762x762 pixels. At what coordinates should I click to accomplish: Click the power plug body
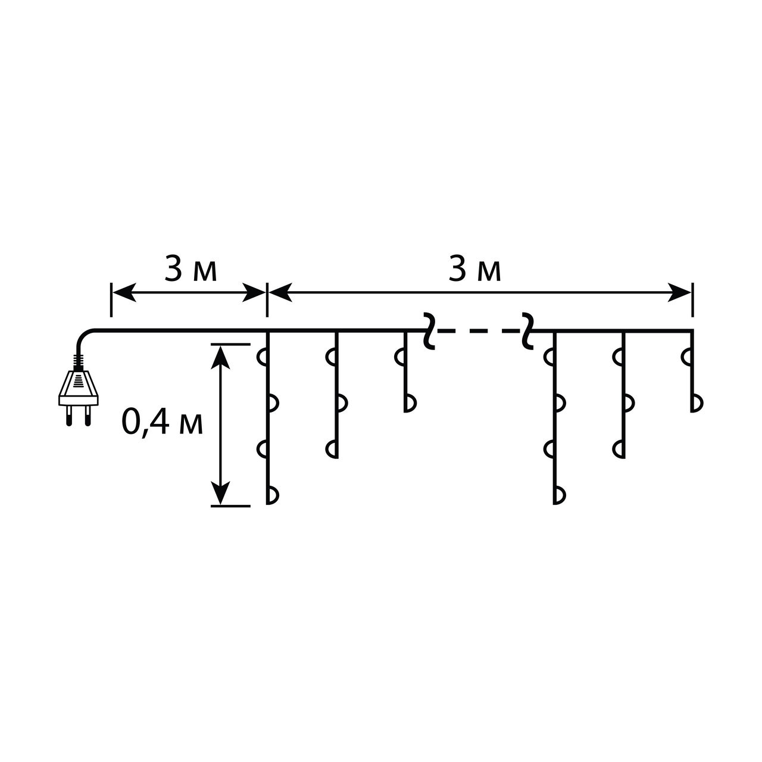[x=79, y=388]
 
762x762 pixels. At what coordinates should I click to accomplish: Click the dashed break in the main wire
[x=479, y=330]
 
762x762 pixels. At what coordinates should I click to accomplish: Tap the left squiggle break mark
[x=429, y=331]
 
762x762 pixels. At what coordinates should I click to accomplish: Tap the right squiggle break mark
[x=527, y=331]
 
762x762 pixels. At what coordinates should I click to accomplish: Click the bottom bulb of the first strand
[x=273, y=495]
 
